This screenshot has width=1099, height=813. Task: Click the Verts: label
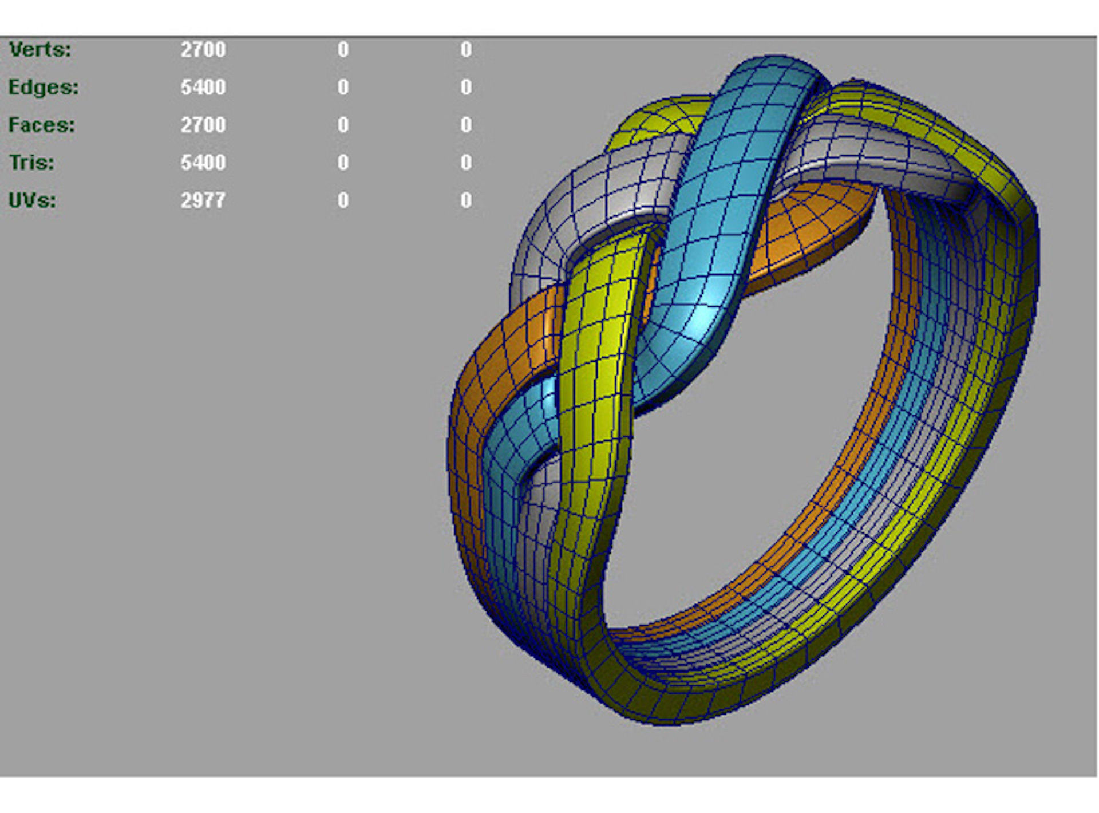click(40, 50)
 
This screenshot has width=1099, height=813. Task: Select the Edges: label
click(44, 88)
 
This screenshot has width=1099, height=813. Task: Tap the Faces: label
click(42, 125)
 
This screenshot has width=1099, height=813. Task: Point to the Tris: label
click(31, 163)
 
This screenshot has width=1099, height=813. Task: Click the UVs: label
click(33, 201)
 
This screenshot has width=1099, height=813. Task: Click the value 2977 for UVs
click(203, 201)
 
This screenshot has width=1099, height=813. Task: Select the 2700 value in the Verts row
click(203, 50)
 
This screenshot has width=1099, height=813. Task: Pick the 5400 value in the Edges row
click(203, 88)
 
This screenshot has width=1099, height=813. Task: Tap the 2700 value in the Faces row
click(203, 125)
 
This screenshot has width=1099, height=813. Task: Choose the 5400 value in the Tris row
click(203, 163)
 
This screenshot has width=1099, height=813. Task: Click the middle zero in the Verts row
click(343, 50)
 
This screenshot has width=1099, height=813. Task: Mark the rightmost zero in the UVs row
click(467, 201)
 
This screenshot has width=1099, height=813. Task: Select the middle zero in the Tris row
click(343, 163)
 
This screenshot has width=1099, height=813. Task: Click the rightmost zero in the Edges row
click(467, 88)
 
